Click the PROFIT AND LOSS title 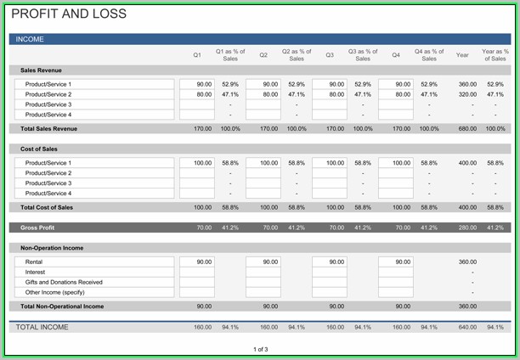click(69, 14)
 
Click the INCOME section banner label click(30, 39)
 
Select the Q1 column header click(197, 55)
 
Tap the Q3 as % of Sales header click(363, 55)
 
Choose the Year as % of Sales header click(495, 55)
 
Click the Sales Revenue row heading click(41, 70)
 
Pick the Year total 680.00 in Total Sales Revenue click(467, 128)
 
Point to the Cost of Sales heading click(38, 149)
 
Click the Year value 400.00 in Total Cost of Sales click(467, 207)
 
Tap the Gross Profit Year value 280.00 click(467, 228)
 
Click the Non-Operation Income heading click(51, 248)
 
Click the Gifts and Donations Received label click(64, 282)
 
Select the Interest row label click(36, 272)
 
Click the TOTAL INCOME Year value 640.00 click(467, 327)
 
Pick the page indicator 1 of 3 click(260, 349)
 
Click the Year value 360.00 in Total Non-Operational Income click(467, 307)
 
